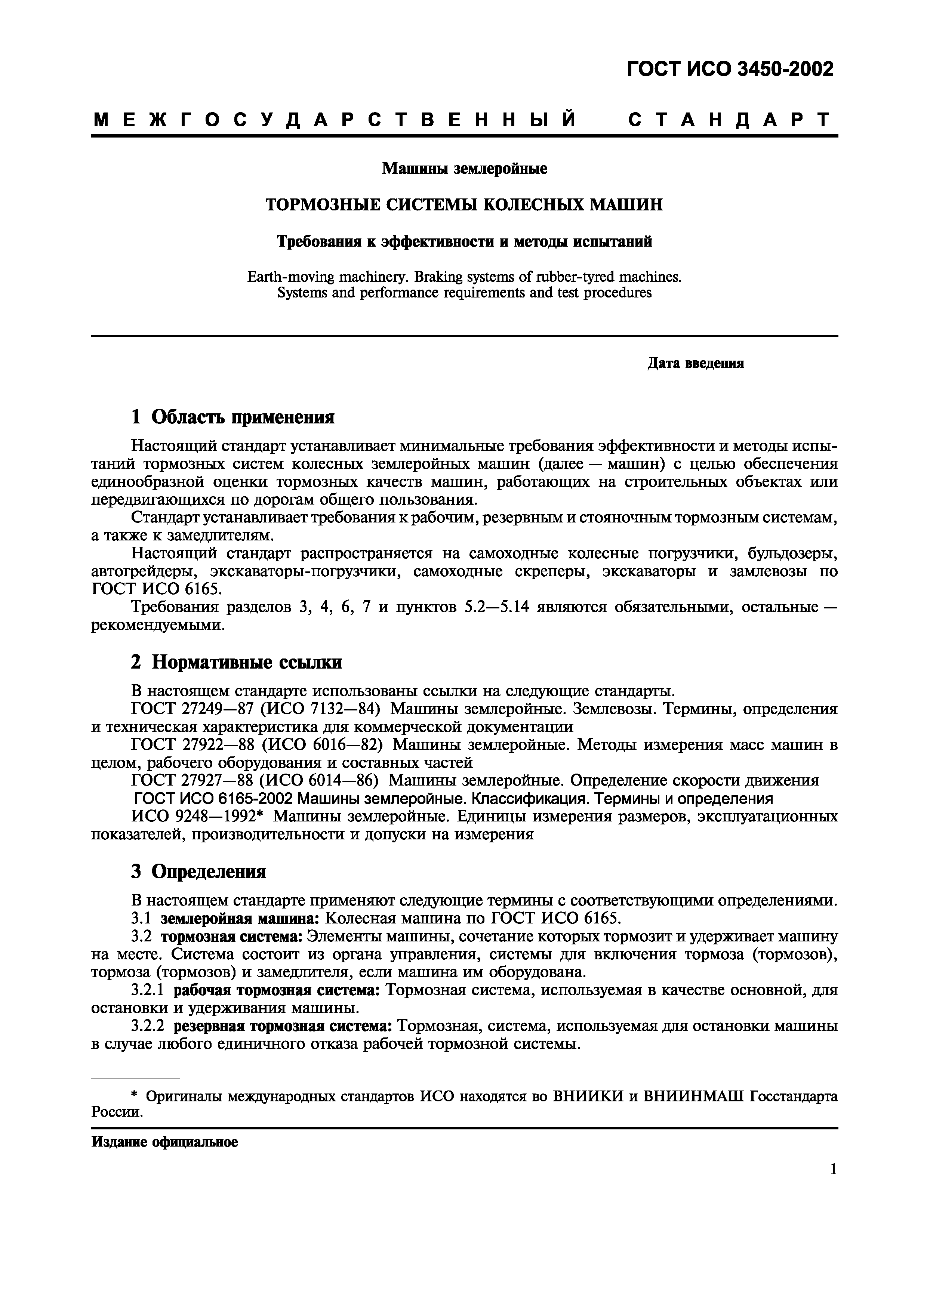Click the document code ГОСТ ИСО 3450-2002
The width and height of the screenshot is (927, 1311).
(730, 69)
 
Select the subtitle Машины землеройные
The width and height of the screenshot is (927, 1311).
(464, 169)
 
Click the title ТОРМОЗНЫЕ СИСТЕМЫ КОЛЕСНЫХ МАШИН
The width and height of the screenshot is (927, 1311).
(464, 204)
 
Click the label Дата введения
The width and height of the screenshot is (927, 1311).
(695, 364)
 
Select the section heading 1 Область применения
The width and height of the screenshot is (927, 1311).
(232, 417)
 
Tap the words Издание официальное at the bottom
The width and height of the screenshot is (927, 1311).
(164, 1142)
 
